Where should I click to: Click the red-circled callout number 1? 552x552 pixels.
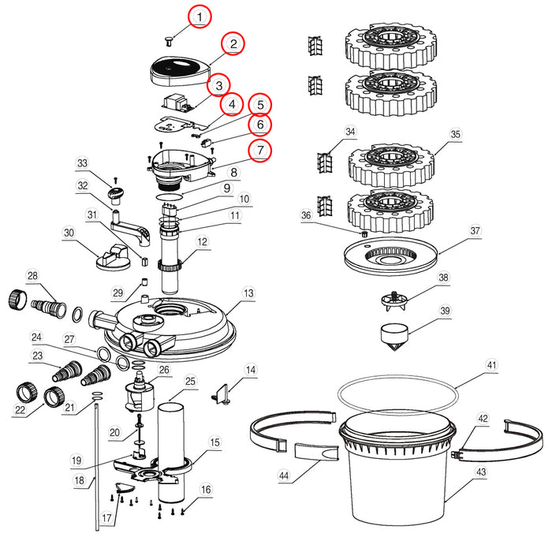[x=200, y=15]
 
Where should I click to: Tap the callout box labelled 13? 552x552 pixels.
[x=249, y=293]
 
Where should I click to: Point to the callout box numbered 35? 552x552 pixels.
[x=455, y=135]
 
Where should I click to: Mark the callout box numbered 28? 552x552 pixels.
[x=32, y=275]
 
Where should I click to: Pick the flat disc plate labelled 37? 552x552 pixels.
[x=391, y=259]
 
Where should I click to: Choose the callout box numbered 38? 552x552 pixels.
[x=443, y=278]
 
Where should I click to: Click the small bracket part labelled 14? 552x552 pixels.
[x=222, y=391]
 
